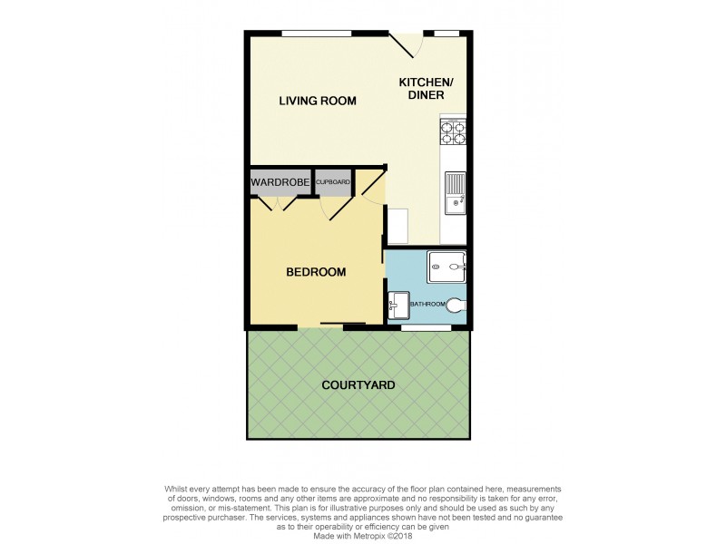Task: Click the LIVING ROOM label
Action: click(x=317, y=101)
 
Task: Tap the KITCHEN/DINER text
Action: click(x=426, y=89)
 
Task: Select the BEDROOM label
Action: click(x=316, y=272)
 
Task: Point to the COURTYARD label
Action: click(x=358, y=385)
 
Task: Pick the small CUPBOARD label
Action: click(x=333, y=182)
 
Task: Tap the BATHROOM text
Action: click(x=427, y=305)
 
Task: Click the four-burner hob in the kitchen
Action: click(x=453, y=133)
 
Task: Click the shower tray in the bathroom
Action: click(x=446, y=267)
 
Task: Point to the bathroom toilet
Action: click(x=455, y=306)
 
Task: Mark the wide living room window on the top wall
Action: click(x=316, y=34)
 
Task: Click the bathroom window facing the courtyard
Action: click(x=426, y=325)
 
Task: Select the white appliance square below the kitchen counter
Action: click(x=397, y=227)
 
